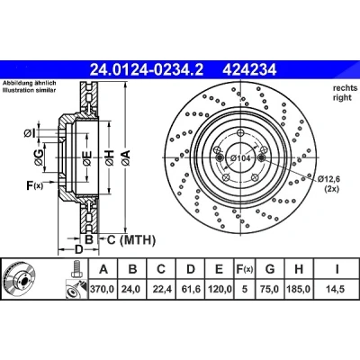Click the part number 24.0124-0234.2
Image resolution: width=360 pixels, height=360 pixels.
point(147,70)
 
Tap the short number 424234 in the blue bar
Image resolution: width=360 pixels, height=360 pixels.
point(249,70)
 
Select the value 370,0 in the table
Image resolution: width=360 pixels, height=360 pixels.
point(103,289)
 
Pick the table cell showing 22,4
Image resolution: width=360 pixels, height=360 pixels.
point(162,289)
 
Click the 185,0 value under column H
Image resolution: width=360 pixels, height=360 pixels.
point(299,289)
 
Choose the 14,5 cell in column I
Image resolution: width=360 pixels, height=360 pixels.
point(336,289)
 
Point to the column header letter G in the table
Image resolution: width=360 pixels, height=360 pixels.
point(270,269)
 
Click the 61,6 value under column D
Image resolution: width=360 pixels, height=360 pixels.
point(191,289)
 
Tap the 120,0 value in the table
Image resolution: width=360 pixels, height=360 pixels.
point(220,289)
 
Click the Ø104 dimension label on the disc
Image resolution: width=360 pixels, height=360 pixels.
point(239,157)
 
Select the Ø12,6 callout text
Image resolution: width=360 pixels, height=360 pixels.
point(329,179)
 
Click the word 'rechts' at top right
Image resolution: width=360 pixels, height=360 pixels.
point(345,88)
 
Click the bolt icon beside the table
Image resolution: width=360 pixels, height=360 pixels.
point(76,269)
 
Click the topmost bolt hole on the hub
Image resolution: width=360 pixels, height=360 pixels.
point(240,132)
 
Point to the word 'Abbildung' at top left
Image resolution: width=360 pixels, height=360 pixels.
point(15,83)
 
